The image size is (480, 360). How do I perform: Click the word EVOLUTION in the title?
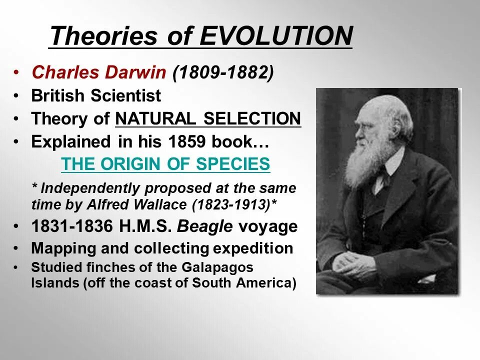pyautogui.click(x=276, y=36)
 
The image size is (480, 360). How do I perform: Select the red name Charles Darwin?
pyautogui.click(x=98, y=73)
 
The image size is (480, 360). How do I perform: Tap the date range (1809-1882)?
pyautogui.click(x=223, y=73)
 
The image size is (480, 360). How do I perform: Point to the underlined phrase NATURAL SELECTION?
pyautogui.click(x=208, y=119)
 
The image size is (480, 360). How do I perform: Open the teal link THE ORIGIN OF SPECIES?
pyautogui.click(x=165, y=164)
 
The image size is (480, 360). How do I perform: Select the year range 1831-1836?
pyautogui.click(x=72, y=227)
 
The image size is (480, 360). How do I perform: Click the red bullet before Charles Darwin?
pyautogui.click(x=17, y=73)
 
